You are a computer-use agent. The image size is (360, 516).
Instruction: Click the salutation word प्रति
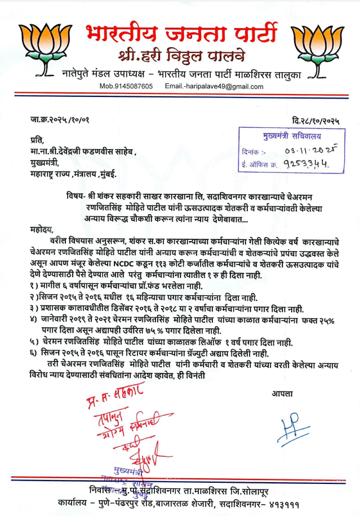pyautogui.click(x=36, y=138)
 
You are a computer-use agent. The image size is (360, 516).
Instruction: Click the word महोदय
pyautogui.click(x=42, y=230)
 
